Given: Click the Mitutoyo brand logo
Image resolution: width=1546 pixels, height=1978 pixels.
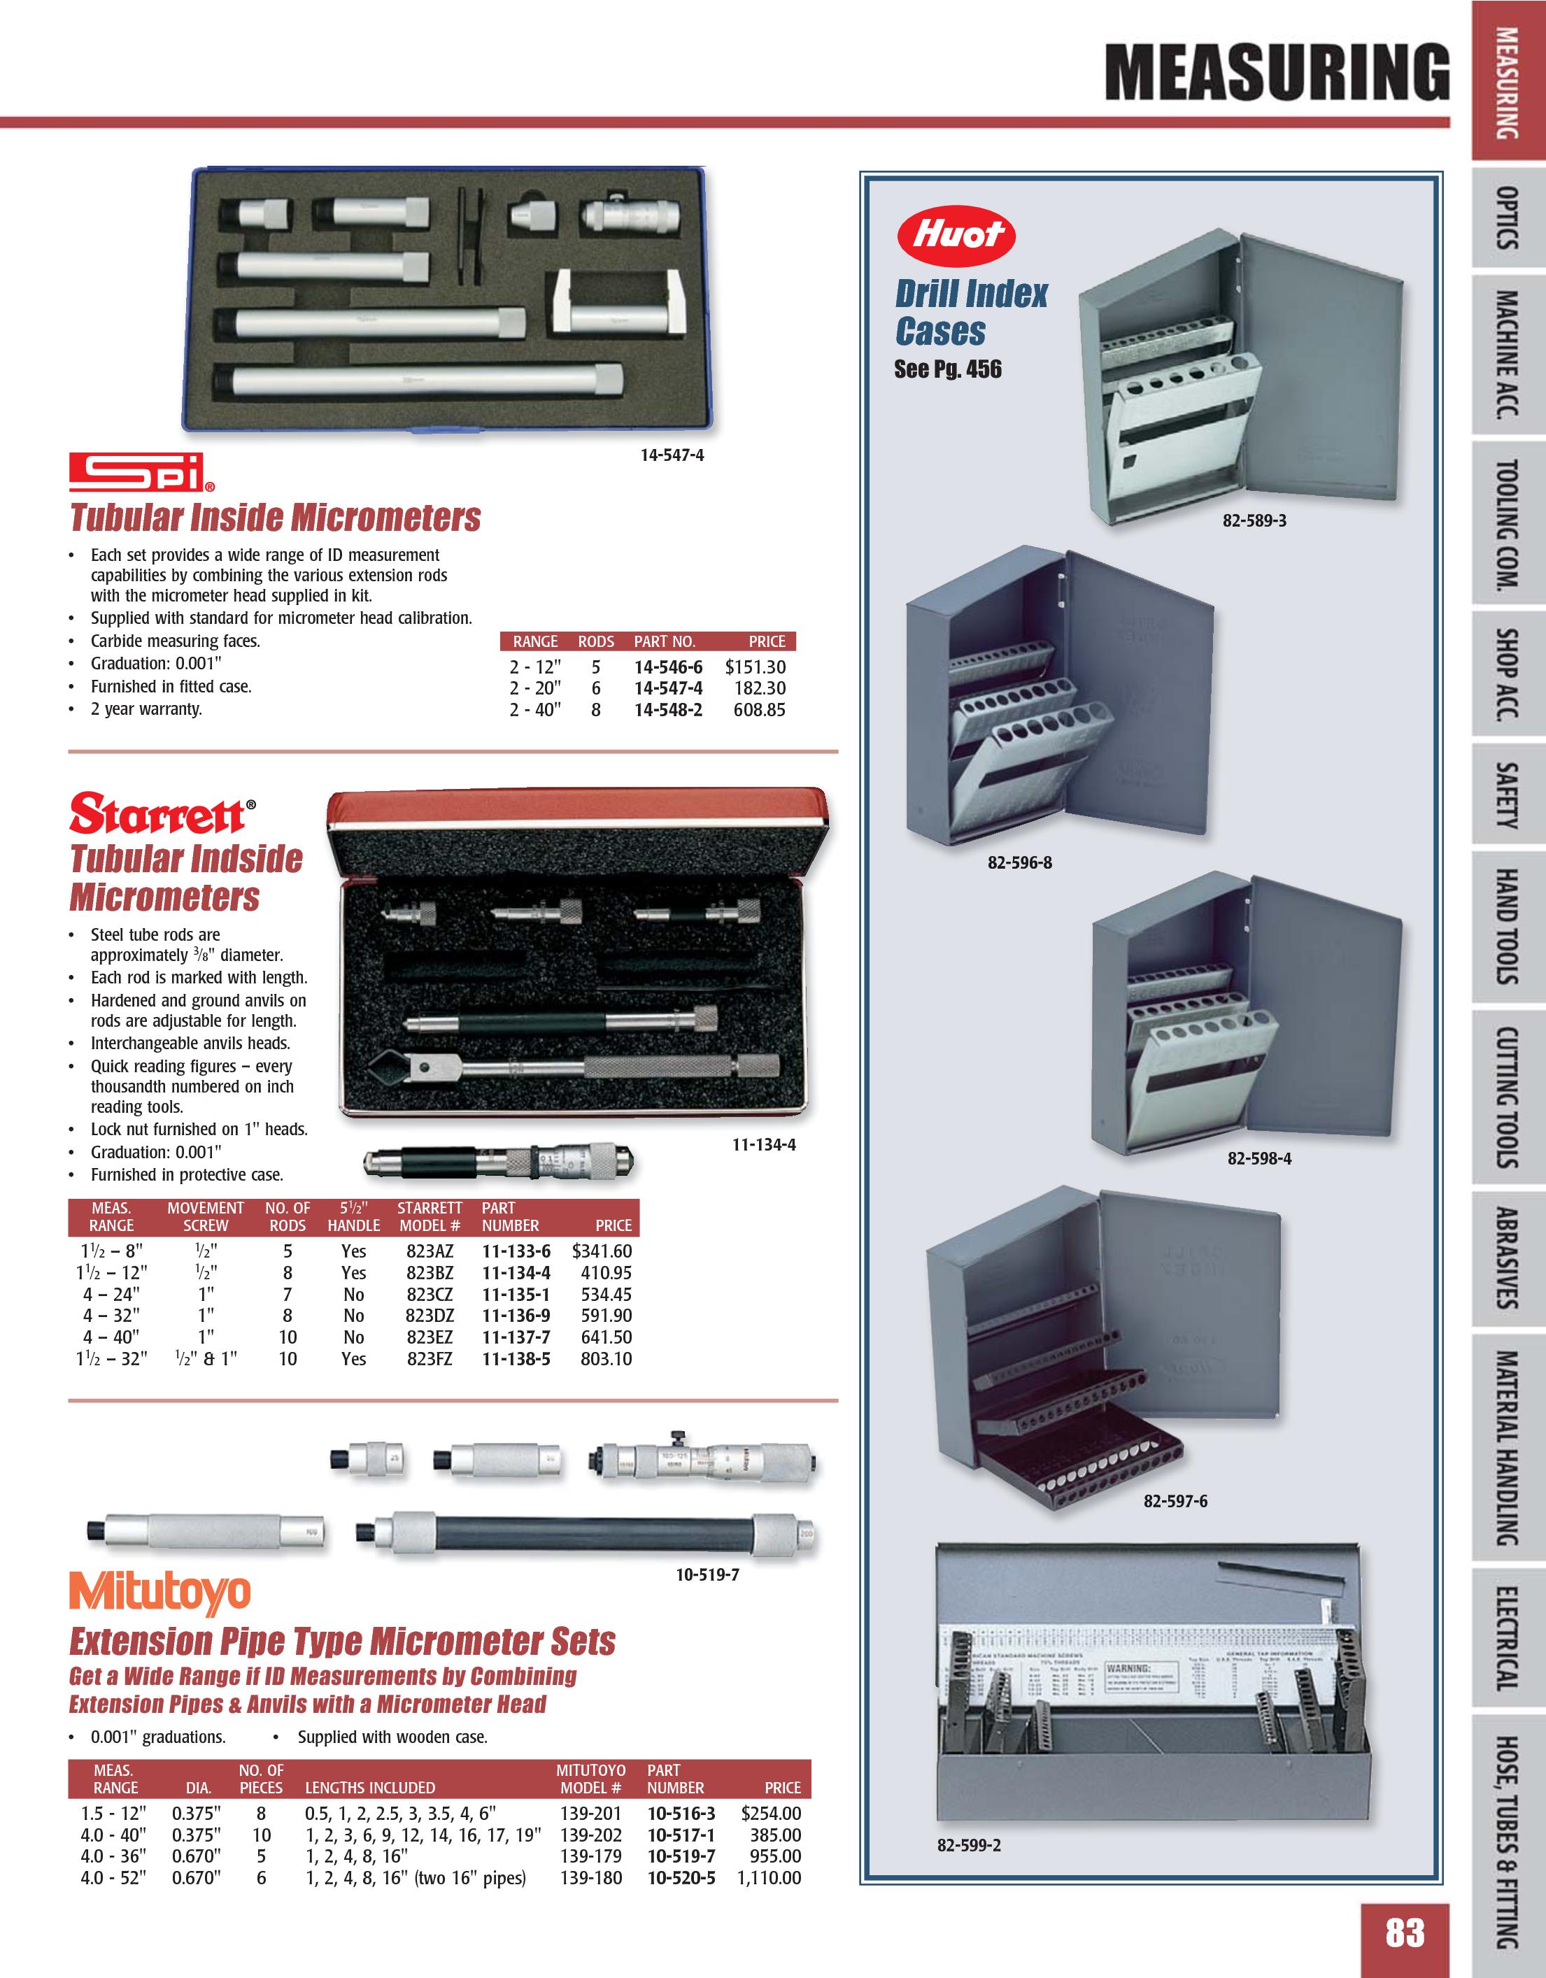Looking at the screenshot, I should pyautogui.click(x=159, y=1594).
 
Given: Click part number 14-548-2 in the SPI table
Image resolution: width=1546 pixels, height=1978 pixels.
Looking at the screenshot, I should pyautogui.click(x=667, y=710).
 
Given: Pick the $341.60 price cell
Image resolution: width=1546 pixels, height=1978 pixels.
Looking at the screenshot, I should pyautogui.click(x=602, y=1251).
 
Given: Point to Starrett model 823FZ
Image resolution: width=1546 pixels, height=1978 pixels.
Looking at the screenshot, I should pyautogui.click(x=430, y=1358).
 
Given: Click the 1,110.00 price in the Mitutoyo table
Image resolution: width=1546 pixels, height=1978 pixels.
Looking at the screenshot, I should pyautogui.click(x=769, y=1877).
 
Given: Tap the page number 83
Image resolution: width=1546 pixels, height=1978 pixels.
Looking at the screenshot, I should pyautogui.click(x=1405, y=1932).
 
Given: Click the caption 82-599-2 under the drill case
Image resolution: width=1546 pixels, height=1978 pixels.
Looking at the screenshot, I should pyautogui.click(x=969, y=1845).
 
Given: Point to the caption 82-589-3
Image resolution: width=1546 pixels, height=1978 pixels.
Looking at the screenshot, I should pyautogui.click(x=1254, y=521).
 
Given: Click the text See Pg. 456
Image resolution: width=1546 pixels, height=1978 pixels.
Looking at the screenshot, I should pyautogui.click(x=947, y=369).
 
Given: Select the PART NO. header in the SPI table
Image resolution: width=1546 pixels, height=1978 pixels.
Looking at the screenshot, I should pyautogui.click(x=664, y=641).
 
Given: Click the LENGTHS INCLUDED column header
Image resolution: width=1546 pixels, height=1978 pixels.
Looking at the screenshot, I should pyautogui.click(x=369, y=1788).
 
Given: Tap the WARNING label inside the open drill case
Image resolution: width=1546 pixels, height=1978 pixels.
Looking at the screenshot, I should pyautogui.click(x=1128, y=1667).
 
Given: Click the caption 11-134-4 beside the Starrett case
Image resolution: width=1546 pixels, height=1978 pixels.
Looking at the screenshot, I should pyautogui.click(x=763, y=1145).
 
